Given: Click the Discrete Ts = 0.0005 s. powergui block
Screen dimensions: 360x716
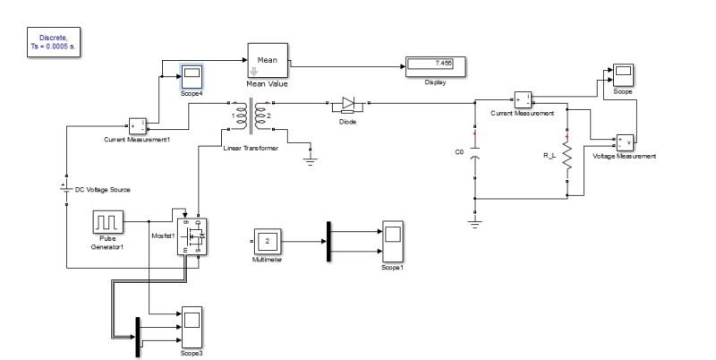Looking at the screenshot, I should (x=55, y=43).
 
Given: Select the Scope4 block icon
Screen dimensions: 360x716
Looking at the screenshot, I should (x=192, y=73).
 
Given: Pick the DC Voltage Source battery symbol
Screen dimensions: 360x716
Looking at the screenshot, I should (x=66, y=191).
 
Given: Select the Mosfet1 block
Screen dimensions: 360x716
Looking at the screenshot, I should (x=192, y=235).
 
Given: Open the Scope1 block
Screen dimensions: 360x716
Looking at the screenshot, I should (x=391, y=238).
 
